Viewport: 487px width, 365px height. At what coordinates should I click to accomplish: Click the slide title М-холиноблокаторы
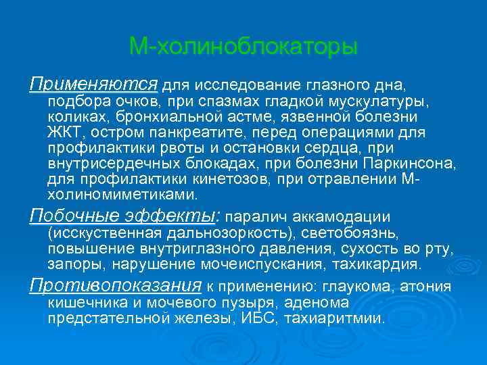point(243,47)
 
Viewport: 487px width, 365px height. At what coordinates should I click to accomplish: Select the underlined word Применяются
point(93,84)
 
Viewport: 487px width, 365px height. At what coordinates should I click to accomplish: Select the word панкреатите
point(204,132)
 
